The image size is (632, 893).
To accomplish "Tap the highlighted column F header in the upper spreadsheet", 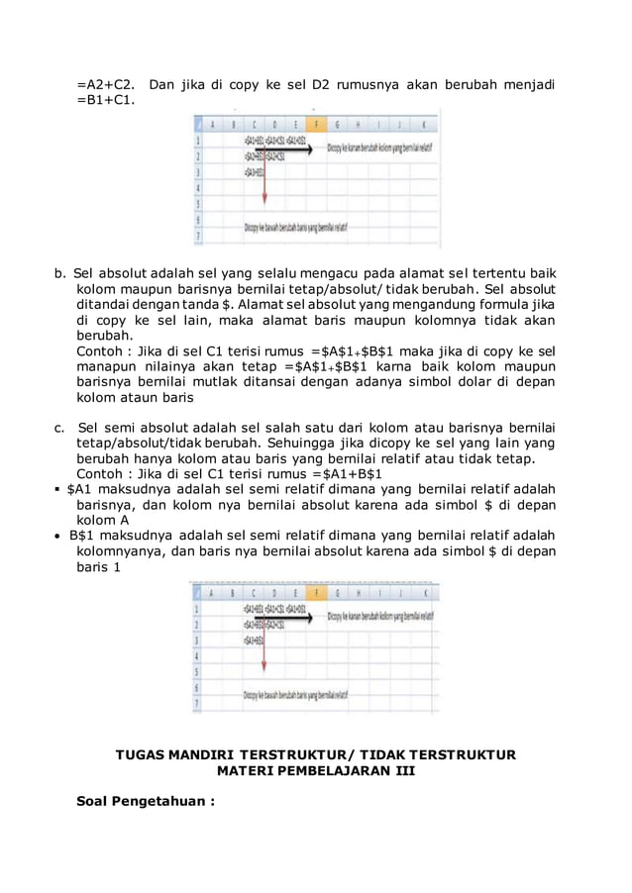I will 315,125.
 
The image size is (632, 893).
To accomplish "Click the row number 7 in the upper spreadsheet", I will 199,236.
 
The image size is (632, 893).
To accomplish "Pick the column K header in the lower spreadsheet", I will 424,591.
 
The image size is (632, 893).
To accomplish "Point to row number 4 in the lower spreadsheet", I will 199,654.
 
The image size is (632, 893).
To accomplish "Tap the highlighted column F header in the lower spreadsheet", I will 315,591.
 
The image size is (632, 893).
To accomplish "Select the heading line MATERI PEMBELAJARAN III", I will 315,770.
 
